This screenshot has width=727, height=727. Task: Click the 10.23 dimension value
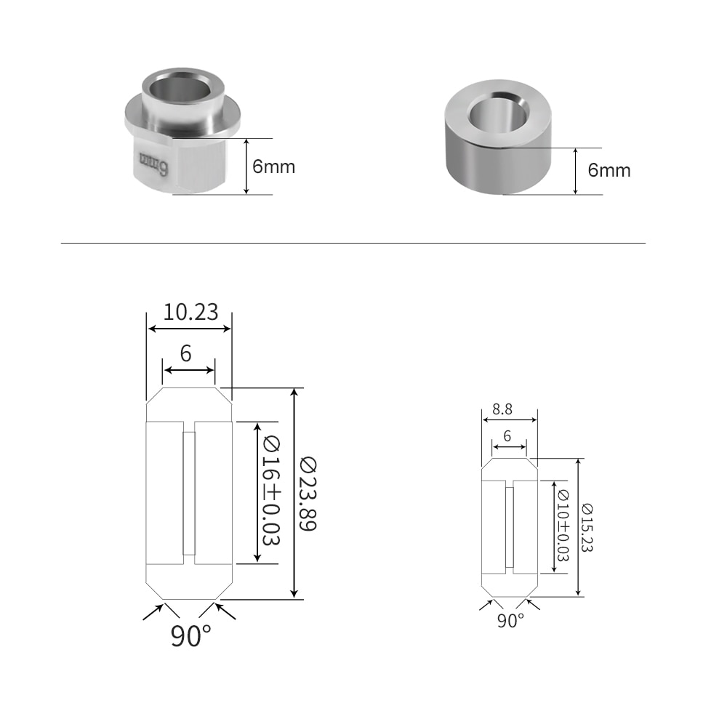[190, 312]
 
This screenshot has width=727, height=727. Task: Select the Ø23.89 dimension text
[309, 494]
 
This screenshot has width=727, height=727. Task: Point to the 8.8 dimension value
[502, 409]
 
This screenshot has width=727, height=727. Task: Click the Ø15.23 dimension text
[587, 527]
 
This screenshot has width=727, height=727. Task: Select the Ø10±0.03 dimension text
[562, 526]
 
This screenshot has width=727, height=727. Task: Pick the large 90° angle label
[190, 635]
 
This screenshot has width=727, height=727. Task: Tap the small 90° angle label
[510, 621]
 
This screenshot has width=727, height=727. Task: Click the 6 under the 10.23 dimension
[186, 354]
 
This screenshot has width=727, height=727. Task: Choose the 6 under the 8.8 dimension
[507, 436]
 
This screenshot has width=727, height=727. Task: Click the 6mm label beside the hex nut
[273, 166]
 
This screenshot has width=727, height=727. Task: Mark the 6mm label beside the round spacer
[609, 171]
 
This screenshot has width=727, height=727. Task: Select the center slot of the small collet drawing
[510, 527]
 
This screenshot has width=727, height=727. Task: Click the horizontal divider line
[353, 243]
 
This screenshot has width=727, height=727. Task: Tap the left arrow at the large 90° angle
[153, 611]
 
